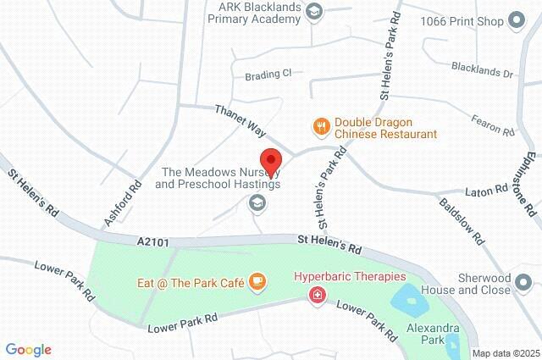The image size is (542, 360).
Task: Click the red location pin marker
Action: click(x=271, y=161)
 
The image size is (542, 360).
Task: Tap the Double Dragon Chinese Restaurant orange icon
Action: click(x=321, y=127)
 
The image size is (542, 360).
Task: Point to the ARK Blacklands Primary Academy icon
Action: click(x=315, y=11)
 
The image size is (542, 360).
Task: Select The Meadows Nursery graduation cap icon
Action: click(x=256, y=203)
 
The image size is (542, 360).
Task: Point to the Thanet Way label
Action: click(x=241, y=121)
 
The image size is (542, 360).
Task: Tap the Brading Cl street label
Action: click(x=268, y=75)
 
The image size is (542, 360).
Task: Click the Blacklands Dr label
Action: click(x=483, y=74)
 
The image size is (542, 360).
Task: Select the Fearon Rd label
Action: click(x=495, y=126)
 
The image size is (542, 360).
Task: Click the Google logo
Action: click(x=29, y=349)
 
